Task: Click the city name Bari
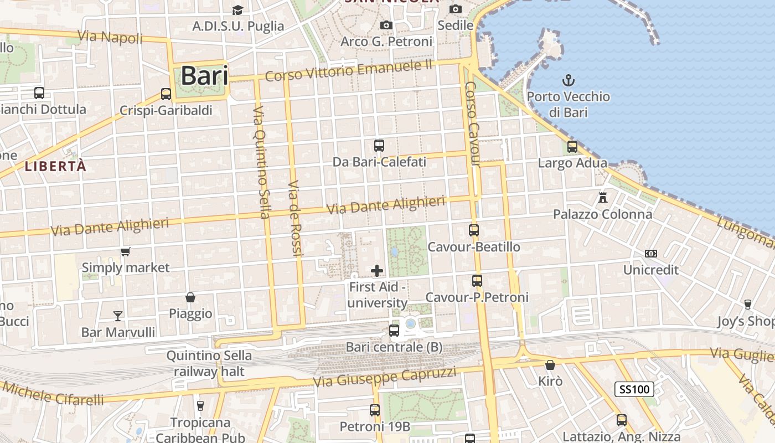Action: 204,76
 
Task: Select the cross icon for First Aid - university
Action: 377,270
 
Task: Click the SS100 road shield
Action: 634,389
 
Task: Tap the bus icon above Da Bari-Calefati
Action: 379,146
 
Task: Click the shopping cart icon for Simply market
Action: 126,251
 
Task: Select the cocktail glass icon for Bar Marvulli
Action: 118,316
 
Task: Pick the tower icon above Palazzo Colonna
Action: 603,197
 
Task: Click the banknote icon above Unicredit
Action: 651,254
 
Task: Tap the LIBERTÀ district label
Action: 55,166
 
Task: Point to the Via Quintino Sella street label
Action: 261,162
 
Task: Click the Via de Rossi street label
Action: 294,218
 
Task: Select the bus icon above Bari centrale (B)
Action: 394,331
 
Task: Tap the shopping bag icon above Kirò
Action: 550,365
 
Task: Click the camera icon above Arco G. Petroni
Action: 386,25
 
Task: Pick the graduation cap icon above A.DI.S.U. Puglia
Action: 237,10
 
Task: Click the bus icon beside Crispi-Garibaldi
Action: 166,94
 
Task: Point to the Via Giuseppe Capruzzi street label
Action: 385,377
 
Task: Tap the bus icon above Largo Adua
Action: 572,147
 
